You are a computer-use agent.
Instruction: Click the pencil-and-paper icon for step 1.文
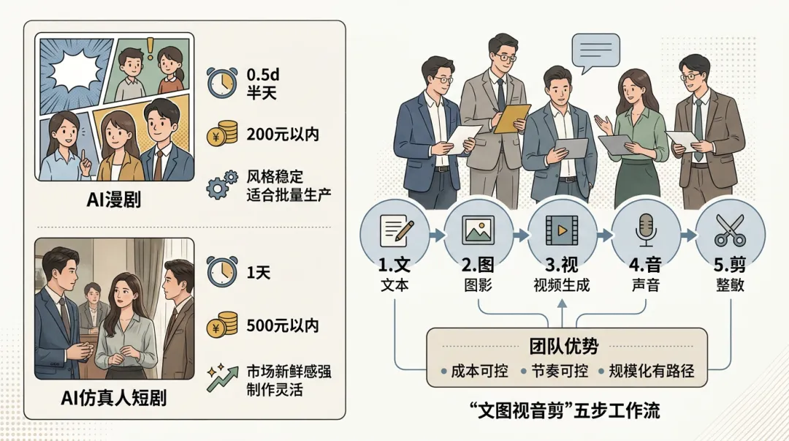(x=394, y=231)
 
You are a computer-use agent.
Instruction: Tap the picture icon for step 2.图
(x=479, y=231)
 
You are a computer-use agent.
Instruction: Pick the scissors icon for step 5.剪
(x=729, y=231)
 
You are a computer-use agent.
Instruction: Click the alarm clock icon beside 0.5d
(x=222, y=83)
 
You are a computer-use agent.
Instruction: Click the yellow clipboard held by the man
(x=511, y=118)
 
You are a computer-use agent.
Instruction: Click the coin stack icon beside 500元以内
(x=222, y=325)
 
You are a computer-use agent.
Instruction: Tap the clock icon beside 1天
(x=222, y=272)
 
